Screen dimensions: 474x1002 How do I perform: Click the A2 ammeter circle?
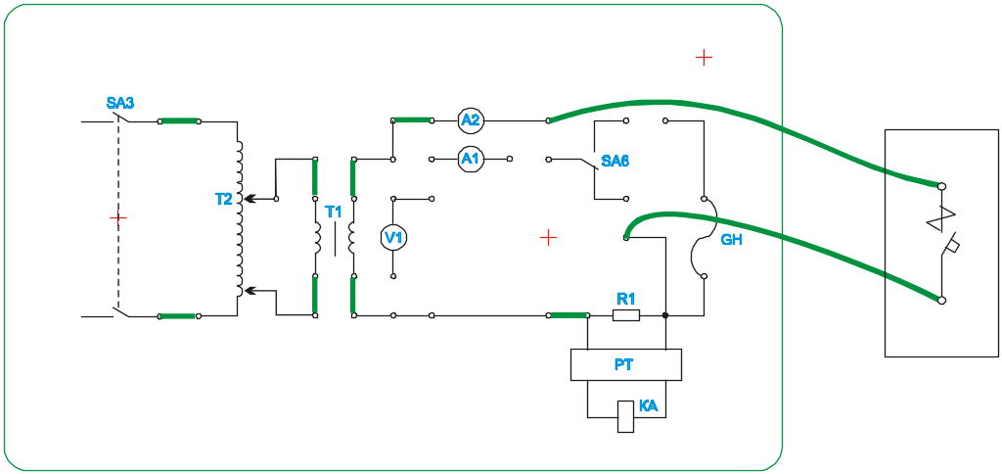[x=471, y=120]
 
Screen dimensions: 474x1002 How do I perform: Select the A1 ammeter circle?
[x=471, y=159]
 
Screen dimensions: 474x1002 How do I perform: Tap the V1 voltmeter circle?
[x=392, y=238]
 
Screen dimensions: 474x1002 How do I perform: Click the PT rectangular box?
[x=625, y=365]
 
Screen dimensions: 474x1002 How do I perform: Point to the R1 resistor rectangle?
[x=626, y=315]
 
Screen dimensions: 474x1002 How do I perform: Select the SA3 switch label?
[x=120, y=103]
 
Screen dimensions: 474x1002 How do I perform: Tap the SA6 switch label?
[x=615, y=161]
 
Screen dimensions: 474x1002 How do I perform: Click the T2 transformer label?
[x=224, y=200]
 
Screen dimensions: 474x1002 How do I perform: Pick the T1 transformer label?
[x=334, y=213]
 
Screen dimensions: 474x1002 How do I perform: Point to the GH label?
[x=730, y=239]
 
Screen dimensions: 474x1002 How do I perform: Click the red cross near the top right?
[x=704, y=57]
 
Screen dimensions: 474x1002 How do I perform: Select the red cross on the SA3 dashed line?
[x=117, y=217]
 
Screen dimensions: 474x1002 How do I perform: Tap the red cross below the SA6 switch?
[x=548, y=236]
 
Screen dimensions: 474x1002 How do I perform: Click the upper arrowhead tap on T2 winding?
[x=248, y=199]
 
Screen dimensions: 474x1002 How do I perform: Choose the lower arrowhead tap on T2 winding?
[x=248, y=291]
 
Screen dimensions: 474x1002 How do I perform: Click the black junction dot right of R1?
[x=665, y=315]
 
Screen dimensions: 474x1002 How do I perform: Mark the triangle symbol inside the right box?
[x=942, y=220]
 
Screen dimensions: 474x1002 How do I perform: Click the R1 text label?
[x=626, y=299]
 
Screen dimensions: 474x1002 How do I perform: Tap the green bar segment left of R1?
[x=569, y=315]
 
